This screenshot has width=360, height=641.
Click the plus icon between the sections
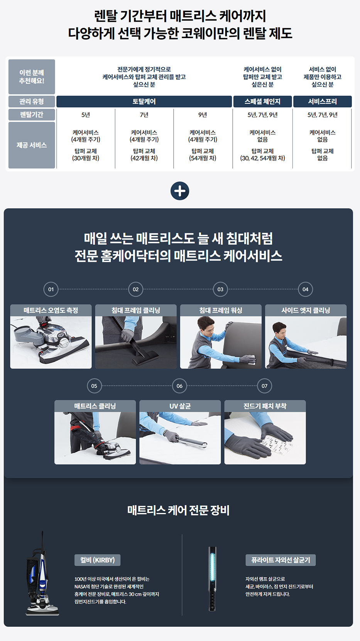click(x=180, y=191)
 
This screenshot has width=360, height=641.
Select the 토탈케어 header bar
click(x=144, y=101)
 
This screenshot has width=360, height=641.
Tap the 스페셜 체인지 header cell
click(x=263, y=101)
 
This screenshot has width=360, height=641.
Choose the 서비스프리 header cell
click(x=323, y=101)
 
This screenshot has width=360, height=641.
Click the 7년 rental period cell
click(x=144, y=115)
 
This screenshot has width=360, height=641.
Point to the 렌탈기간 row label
click(x=32, y=115)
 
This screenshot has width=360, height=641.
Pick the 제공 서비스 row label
click(x=32, y=145)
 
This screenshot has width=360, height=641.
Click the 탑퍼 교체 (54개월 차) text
click(x=203, y=155)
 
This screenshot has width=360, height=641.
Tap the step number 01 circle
click(x=51, y=289)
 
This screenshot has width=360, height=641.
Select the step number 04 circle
click(x=305, y=289)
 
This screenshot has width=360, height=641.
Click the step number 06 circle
click(x=179, y=386)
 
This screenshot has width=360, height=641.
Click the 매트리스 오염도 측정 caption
click(x=51, y=310)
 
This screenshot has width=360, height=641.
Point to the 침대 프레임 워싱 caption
click(x=221, y=310)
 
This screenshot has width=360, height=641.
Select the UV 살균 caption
click(x=180, y=406)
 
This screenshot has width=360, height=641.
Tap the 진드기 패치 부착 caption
click(x=265, y=406)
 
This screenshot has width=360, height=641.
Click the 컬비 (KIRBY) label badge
click(x=97, y=560)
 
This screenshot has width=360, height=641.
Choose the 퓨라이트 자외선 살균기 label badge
click(x=281, y=560)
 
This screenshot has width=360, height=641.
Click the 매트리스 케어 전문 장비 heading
click(x=178, y=510)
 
